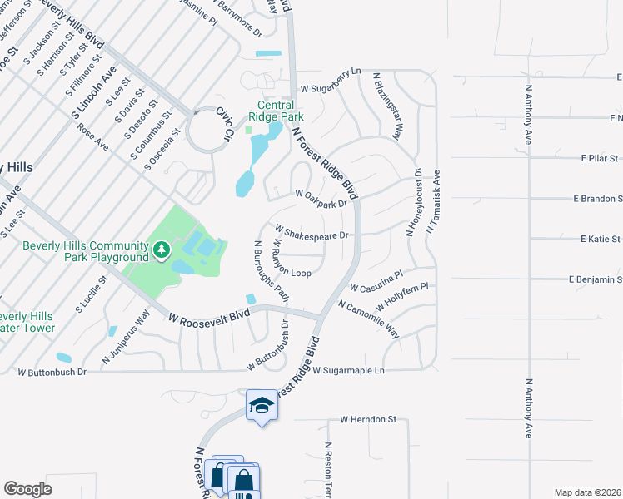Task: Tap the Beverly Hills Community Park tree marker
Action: tap(161, 248)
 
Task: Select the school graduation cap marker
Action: tap(262, 405)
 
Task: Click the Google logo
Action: tap(27, 489)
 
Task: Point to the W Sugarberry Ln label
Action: tap(331, 87)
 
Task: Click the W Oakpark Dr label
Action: tap(321, 199)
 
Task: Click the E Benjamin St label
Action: tap(595, 280)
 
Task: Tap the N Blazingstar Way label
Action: tap(387, 111)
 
